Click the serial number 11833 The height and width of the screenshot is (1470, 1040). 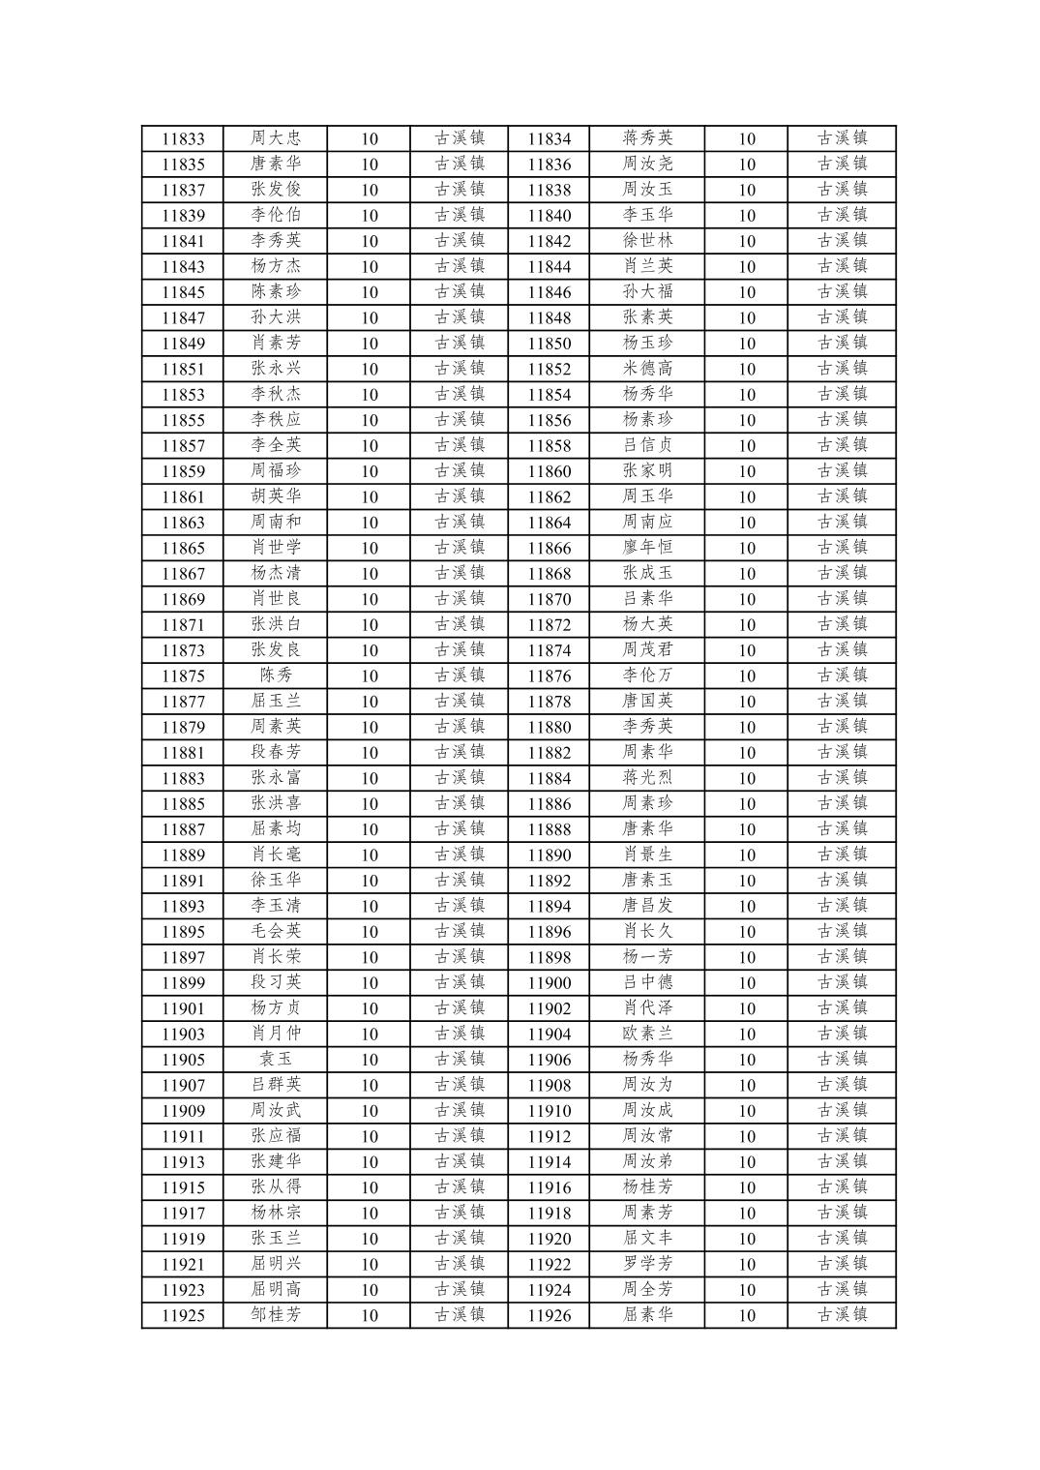pos(183,138)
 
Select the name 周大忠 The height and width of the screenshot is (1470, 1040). pos(276,138)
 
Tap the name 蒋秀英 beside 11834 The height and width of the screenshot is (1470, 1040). pos(647,138)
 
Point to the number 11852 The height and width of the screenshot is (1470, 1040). pos(549,369)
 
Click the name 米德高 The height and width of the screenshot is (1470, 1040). pos(647,369)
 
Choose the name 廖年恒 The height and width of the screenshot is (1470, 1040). pos(647,548)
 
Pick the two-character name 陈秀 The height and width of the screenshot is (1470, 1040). pos(276,675)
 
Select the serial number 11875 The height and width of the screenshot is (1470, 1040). pos(183,675)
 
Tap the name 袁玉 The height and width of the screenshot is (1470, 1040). pos(276,1059)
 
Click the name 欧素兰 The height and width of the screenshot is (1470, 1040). pos(647,1034)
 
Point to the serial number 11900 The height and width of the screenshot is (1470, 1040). pos(549,982)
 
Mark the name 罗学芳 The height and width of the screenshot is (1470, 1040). pos(647,1264)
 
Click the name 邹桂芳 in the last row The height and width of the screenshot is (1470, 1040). pos(276,1315)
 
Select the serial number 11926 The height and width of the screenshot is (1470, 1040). pos(549,1315)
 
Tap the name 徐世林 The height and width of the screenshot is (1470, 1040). pos(647,241)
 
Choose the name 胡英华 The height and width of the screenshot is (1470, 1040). pos(276,496)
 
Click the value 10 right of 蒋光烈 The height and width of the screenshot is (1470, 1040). pos(746,778)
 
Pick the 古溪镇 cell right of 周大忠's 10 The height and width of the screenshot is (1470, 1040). pos(460,138)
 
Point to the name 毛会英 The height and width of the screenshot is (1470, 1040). pos(276,931)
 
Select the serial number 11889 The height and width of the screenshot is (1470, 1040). pos(183,855)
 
